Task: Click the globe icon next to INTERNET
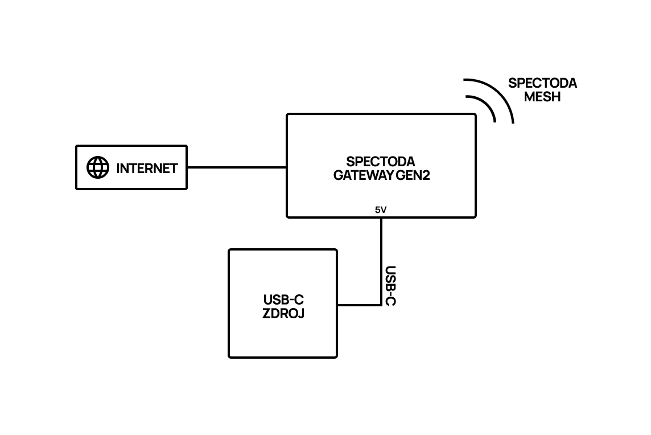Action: pos(97,167)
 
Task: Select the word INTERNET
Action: pos(147,168)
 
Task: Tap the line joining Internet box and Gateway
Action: pos(236,167)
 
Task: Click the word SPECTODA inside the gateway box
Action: pos(381,161)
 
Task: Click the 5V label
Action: pos(381,210)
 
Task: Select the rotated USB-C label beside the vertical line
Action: pos(390,285)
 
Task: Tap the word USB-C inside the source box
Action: pos(283,299)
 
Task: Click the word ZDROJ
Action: pos(283,313)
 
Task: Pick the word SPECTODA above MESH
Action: pos(542,83)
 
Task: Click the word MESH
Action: pos(542,97)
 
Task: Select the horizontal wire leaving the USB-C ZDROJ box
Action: pos(359,305)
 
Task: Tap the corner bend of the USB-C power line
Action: pos(381,305)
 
